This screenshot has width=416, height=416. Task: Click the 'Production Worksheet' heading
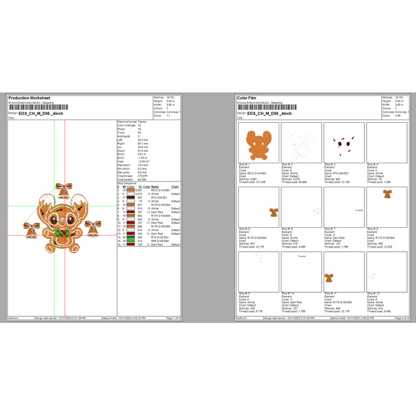point(29,98)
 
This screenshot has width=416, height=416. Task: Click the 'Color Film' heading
point(247,98)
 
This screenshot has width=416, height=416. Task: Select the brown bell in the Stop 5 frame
point(274,212)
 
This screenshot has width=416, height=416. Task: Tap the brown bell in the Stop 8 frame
point(386,194)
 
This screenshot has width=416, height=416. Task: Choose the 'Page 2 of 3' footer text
point(401,318)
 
